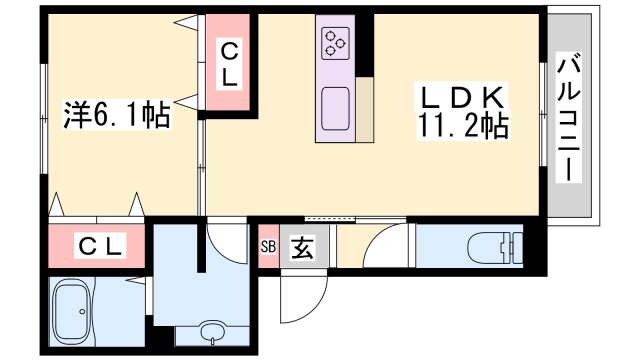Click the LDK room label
coord(462,97)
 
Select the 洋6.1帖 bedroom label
coord(117,115)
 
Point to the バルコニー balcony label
coord(569,117)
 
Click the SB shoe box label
coord(268,247)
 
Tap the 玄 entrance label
coord(302,248)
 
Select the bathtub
coord(71,311)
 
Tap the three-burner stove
coord(336,43)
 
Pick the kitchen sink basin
coord(336,109)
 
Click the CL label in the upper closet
coord(229,64)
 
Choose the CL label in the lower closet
coord(100,247)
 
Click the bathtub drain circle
coord(82,311)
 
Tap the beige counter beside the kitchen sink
coord(364,109)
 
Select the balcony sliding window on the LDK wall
coord(543,114)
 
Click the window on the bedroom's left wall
coord(44,119)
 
